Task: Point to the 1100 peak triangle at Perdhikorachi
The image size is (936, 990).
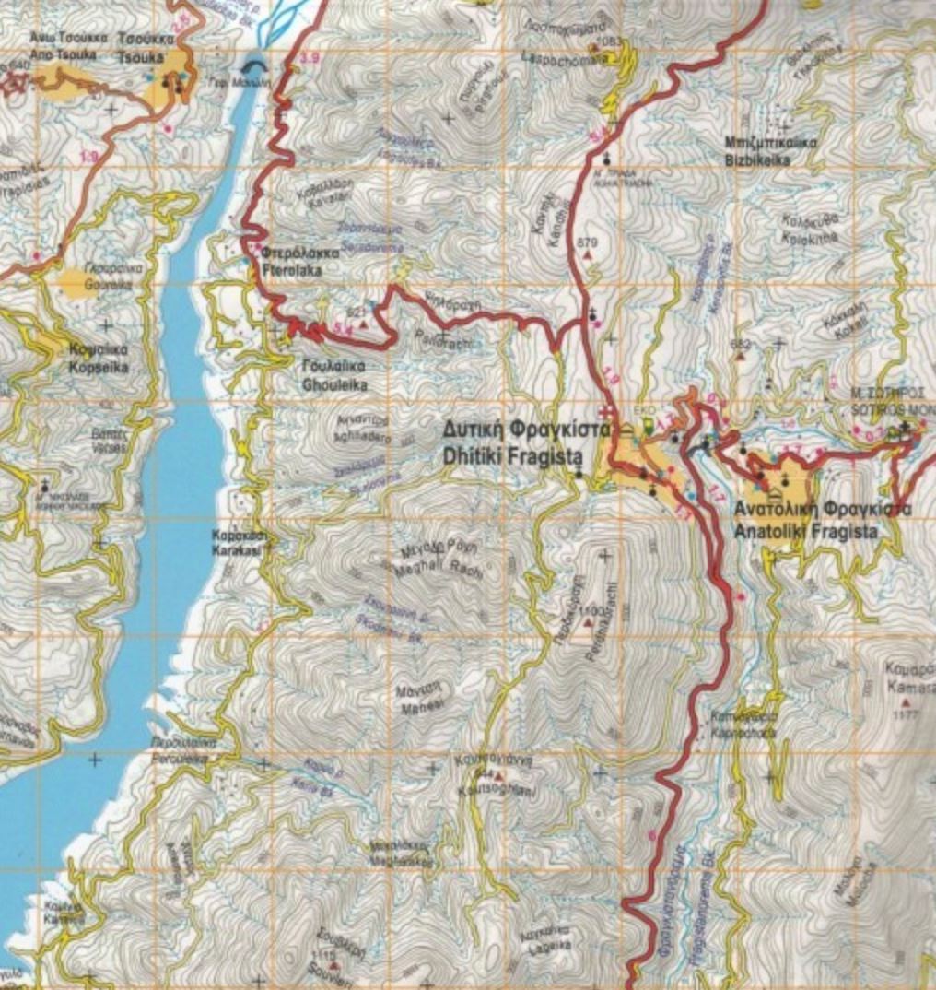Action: pos(588,623)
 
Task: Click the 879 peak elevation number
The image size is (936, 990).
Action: pos(588,242)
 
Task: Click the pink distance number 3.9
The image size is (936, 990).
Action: pos(310,59)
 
